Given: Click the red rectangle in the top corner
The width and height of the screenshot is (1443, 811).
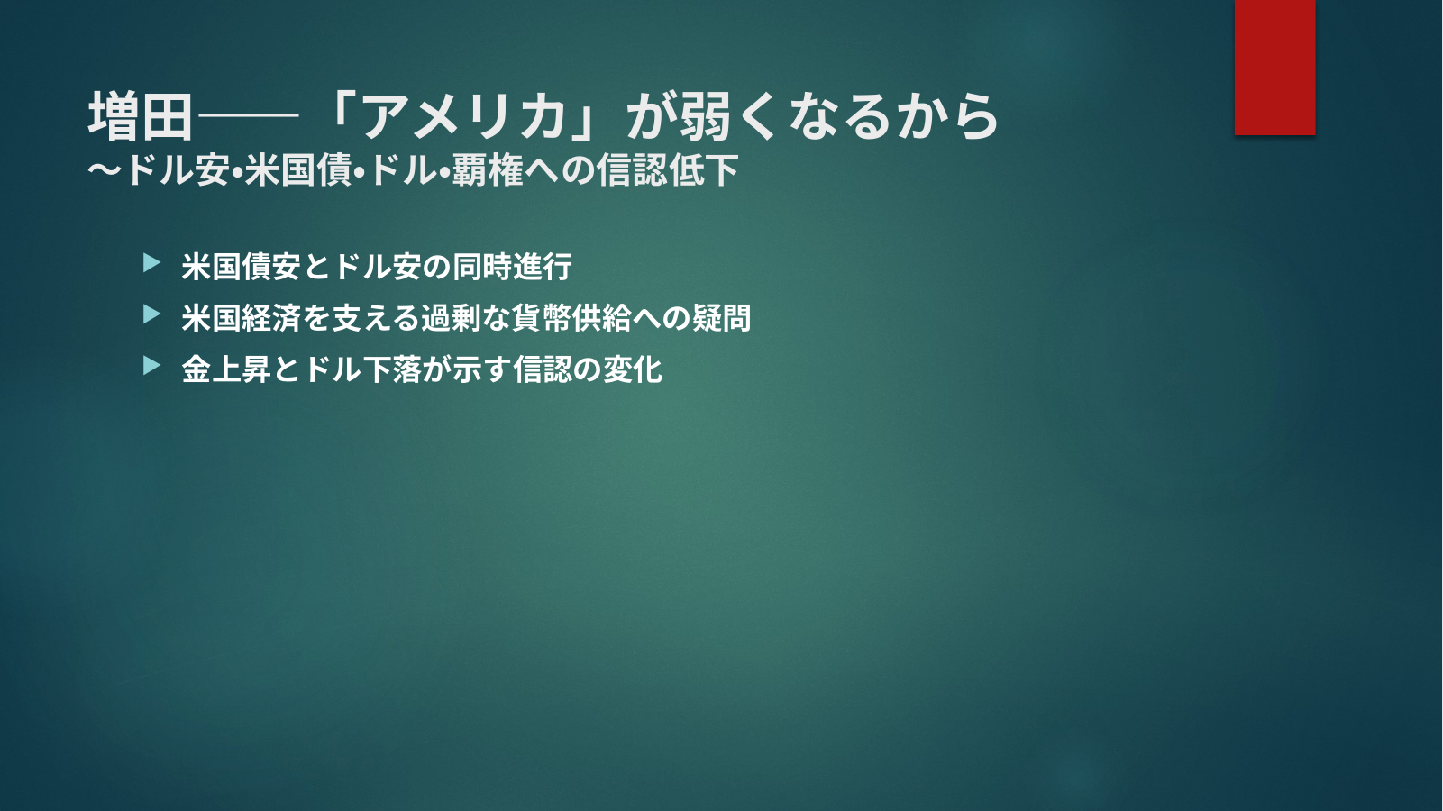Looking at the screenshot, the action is [x=1274, y=68].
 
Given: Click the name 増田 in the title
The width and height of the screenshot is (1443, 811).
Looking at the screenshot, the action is [x=141, y=116].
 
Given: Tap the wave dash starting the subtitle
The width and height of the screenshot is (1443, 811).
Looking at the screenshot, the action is [x=105, y=170].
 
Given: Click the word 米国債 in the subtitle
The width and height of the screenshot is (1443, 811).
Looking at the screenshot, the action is [x=297, y=170].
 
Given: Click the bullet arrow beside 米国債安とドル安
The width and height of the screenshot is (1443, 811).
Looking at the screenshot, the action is [x=151, y=263].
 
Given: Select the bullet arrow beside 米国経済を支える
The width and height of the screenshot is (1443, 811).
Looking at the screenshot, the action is [x=151, y=314].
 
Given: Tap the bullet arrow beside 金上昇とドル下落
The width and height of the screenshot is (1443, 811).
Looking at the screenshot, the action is [x=151, y=366].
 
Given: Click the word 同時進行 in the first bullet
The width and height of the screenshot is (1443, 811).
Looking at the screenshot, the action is [x=512, y=267].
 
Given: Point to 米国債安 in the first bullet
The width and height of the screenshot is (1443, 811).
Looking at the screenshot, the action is [x=242, y=267].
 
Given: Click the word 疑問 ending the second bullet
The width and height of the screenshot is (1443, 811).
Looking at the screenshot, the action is [x=722, y=318].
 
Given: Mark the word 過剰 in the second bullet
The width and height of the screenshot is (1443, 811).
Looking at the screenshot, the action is [x=452, y=318].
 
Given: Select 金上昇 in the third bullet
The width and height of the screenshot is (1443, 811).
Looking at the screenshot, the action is [x=226, y=369].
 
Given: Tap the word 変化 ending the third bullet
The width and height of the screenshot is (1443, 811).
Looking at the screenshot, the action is [x=633, y=369].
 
